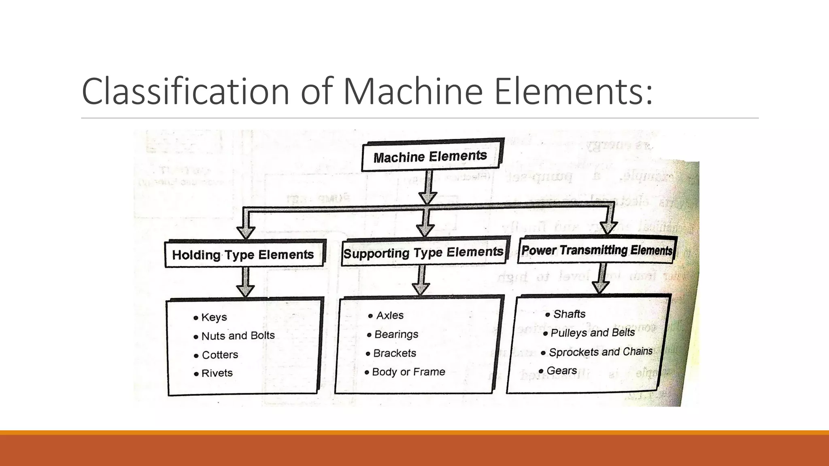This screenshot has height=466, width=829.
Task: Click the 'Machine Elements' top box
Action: click(430, 156)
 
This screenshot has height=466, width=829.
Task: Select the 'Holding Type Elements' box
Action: click(243, 254)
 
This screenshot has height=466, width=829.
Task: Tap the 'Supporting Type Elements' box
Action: click(423, 252)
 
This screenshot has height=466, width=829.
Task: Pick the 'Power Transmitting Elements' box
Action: click(597, 250)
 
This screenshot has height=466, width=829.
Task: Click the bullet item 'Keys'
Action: click(214, 317)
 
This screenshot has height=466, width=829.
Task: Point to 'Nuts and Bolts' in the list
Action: click(238, 336)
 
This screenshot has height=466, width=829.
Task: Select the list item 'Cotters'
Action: click(220, 355)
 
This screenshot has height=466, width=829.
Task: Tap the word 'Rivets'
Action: click(217, 373)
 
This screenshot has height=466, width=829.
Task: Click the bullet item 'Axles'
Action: click(390, 316)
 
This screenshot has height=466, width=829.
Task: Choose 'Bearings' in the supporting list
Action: click(396, 334)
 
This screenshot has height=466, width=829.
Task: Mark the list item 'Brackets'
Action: click(394, 353)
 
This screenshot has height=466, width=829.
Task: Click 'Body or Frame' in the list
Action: click(408, 372)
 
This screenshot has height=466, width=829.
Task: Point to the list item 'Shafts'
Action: click(569, 314)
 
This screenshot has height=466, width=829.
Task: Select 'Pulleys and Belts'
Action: click(593, 333)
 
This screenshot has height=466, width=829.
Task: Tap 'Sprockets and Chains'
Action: click(601, 352)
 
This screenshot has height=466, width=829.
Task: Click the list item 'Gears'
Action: click(561, 371)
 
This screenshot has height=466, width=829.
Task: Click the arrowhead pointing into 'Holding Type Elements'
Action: click(246, 232)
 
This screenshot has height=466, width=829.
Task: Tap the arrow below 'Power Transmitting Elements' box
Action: click(601, 286)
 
